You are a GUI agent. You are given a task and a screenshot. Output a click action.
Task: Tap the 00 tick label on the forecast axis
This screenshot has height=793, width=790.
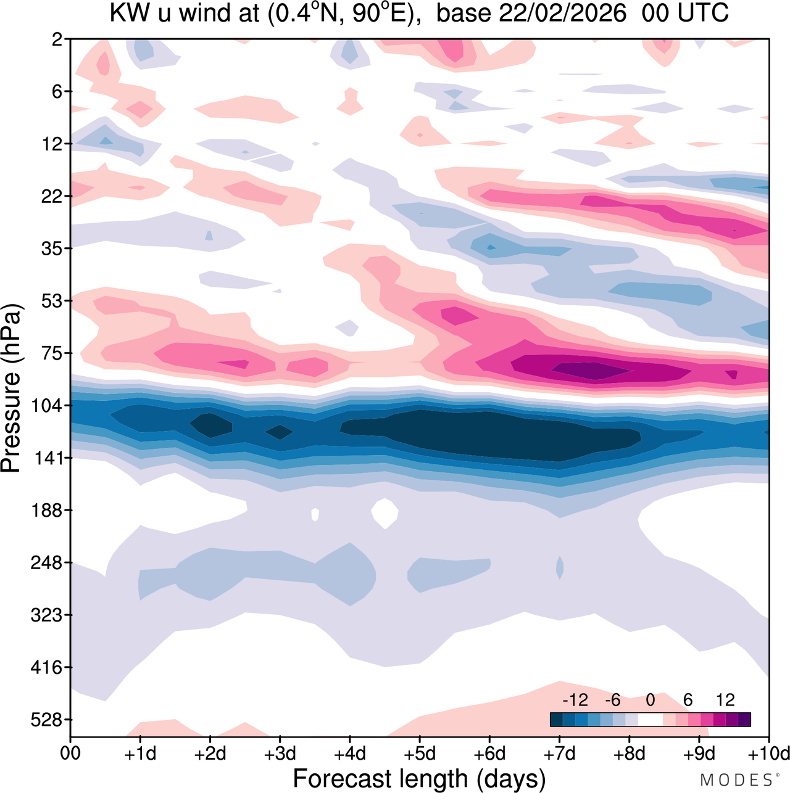click(71, 754)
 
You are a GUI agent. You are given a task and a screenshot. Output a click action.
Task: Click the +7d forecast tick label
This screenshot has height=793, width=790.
click(559, 754)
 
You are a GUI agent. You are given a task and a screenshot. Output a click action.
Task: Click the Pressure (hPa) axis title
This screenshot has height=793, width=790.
click(12, 388)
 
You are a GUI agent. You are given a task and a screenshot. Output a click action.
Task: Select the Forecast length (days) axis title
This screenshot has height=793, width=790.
click(419, 779)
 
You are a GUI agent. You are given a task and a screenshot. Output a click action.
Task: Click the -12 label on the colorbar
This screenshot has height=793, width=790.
click(575, 701)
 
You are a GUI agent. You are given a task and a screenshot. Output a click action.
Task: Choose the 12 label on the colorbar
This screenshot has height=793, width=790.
click(725, 701)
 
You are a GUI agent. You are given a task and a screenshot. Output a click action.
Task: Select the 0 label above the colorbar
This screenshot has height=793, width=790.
click(650, 701)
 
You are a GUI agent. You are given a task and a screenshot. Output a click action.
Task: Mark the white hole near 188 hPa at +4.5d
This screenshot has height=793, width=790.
click(385, 512)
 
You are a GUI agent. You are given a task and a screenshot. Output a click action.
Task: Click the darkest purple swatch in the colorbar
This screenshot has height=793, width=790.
click(744, 720)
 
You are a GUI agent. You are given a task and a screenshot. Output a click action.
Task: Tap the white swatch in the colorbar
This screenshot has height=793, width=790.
click(650, 720)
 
